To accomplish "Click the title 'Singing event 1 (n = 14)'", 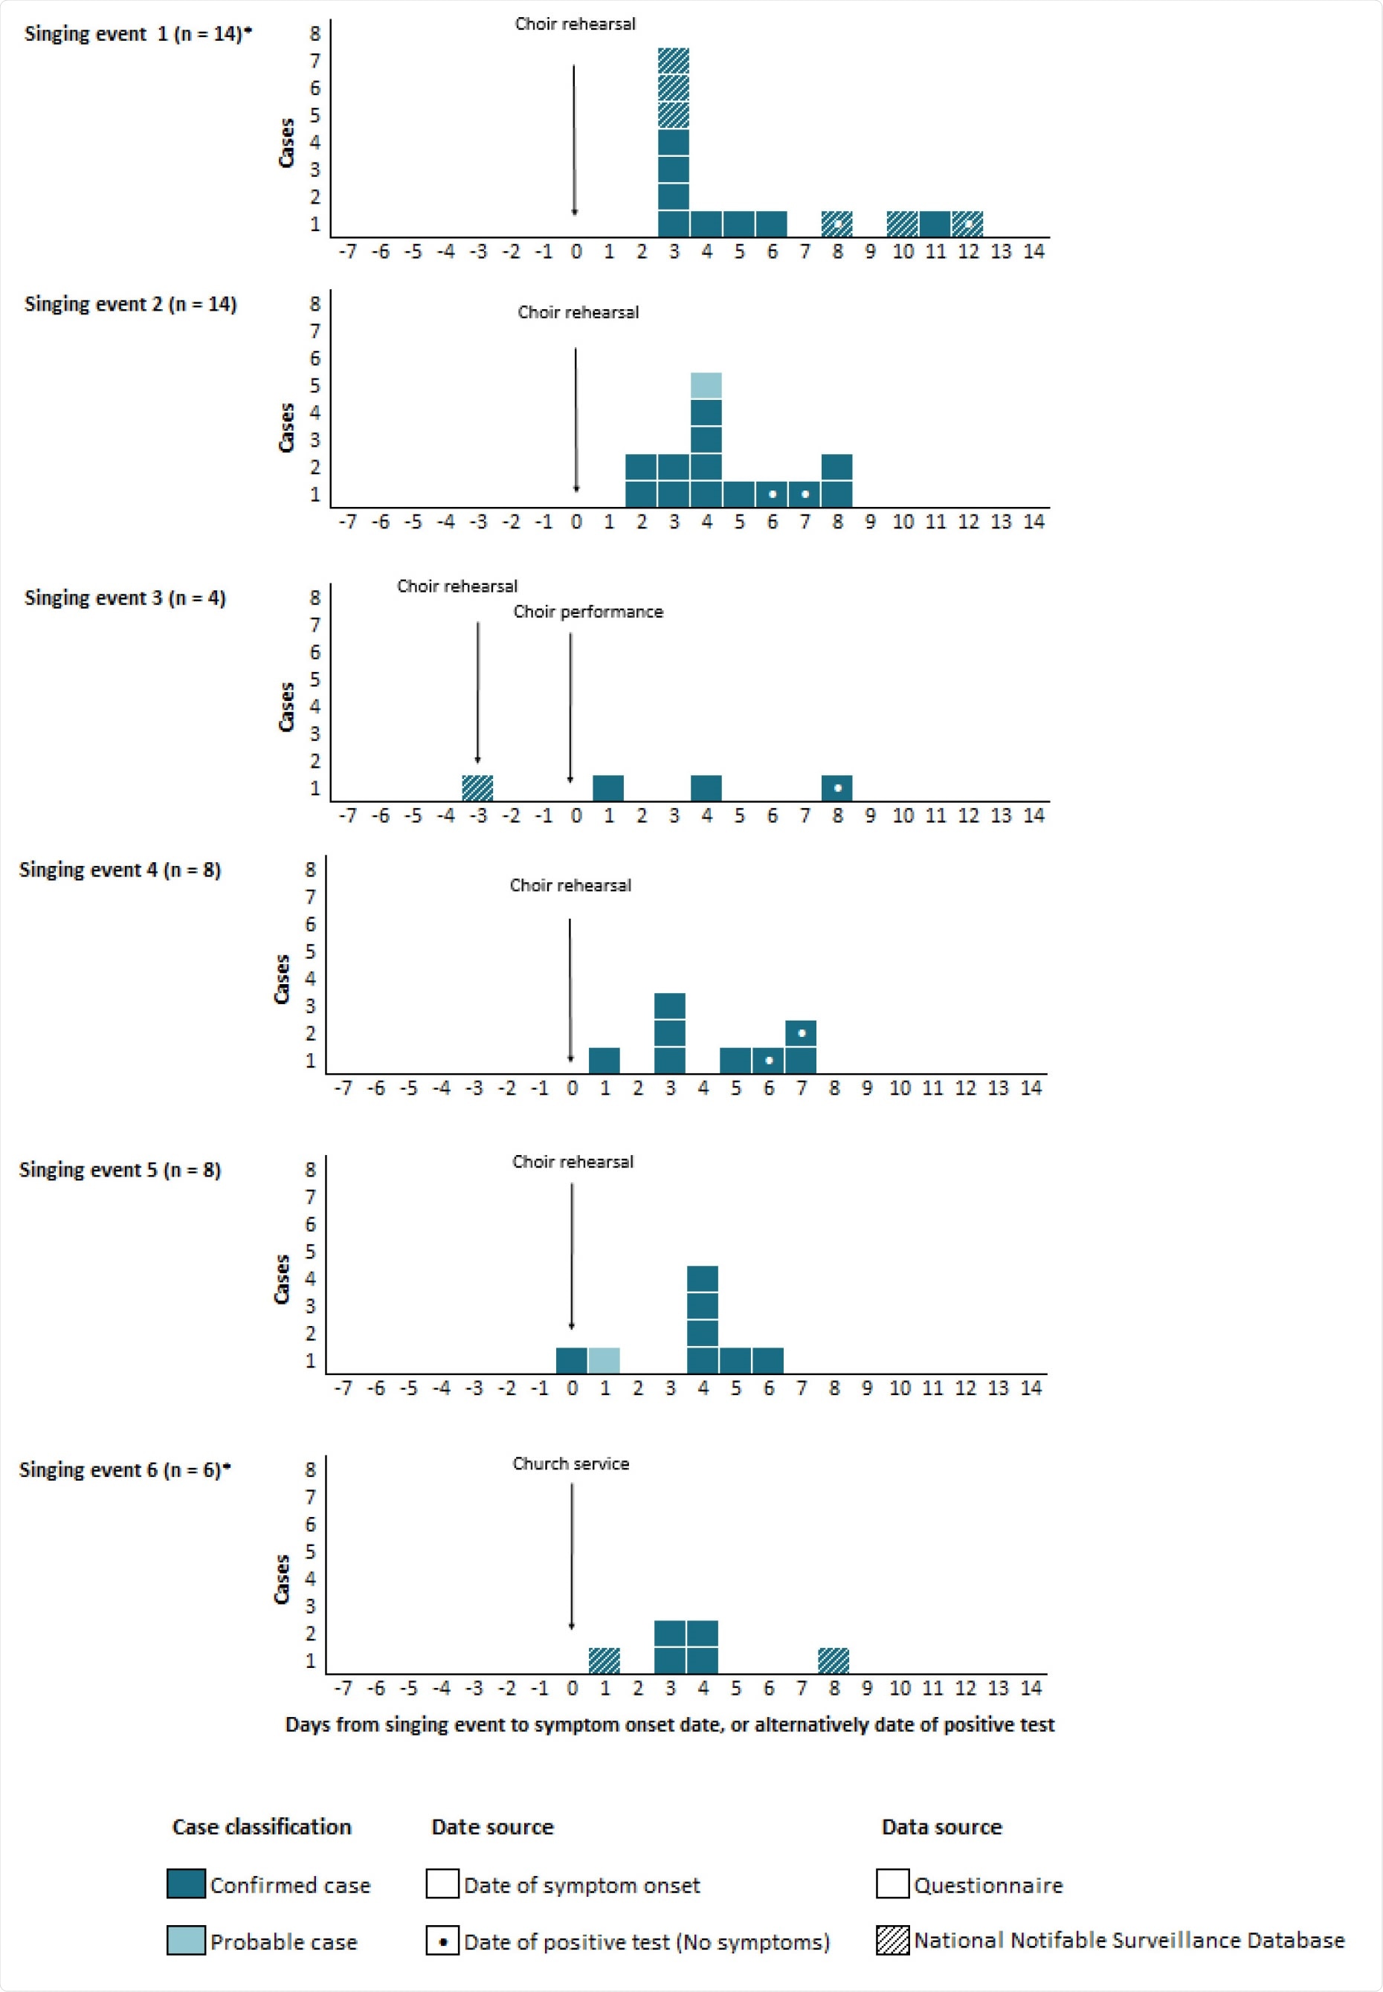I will click(137, 33).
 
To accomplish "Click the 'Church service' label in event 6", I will click(570, 1464).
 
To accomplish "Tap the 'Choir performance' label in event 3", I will click(587, 612).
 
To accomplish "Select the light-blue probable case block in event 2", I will click(706, 386).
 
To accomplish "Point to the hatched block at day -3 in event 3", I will click(477, 788).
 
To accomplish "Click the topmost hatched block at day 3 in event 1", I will click(674, 61).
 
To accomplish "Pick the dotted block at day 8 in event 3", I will click(837, 788).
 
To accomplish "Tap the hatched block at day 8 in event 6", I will click(834, 1660).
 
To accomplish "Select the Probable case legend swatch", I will click(185, 1941).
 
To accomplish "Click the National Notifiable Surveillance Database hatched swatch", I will click(892, 1941).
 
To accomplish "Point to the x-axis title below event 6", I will click(669, 1724).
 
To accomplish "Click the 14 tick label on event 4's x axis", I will click(1031, 1088).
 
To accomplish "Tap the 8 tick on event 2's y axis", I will click(315, 304).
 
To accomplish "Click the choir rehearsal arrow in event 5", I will click(572, 1256).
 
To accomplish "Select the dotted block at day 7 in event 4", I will click(801, 1033).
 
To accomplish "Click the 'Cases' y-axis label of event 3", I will click(286, 707).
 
